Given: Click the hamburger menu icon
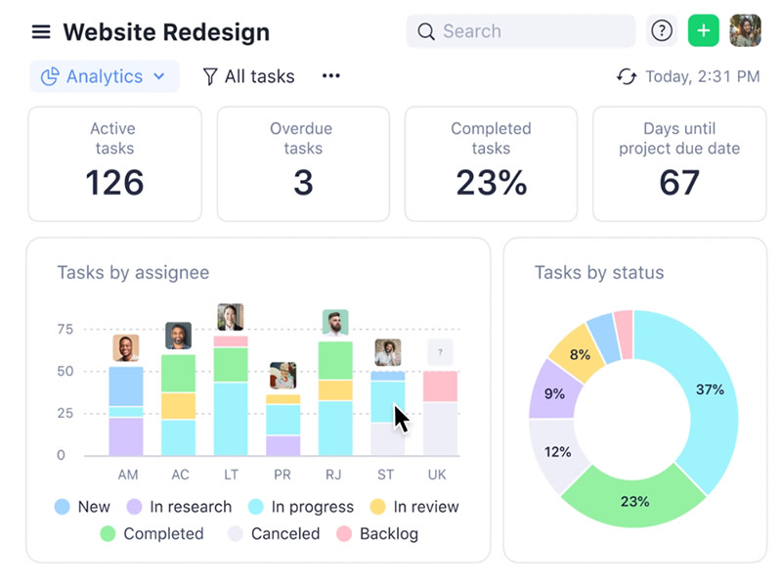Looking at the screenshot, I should tap(41, 32).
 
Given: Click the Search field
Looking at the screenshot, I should tap(521, 31).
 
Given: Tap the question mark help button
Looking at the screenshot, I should tap(662, 31).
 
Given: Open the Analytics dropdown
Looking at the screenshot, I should tap(105, 76).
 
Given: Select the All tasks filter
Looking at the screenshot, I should tap(248, 76).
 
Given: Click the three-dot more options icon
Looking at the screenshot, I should tap(331, 76).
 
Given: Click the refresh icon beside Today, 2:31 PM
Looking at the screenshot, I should tap(627, 76).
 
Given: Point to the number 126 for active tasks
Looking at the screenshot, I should tap(114, 183).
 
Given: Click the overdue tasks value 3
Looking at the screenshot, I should tap(303, 183).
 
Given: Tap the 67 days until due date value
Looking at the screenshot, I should tap(679, 183).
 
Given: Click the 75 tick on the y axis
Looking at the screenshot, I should tap(65, 330).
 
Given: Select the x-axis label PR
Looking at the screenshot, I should tap(282, 474).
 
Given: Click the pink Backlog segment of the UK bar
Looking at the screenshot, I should tap(440, 386).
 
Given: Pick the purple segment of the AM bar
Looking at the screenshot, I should tap(126, 436).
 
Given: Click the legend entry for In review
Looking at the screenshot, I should tap(415, 507).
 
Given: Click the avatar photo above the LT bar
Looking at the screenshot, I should tap(231, 317).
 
